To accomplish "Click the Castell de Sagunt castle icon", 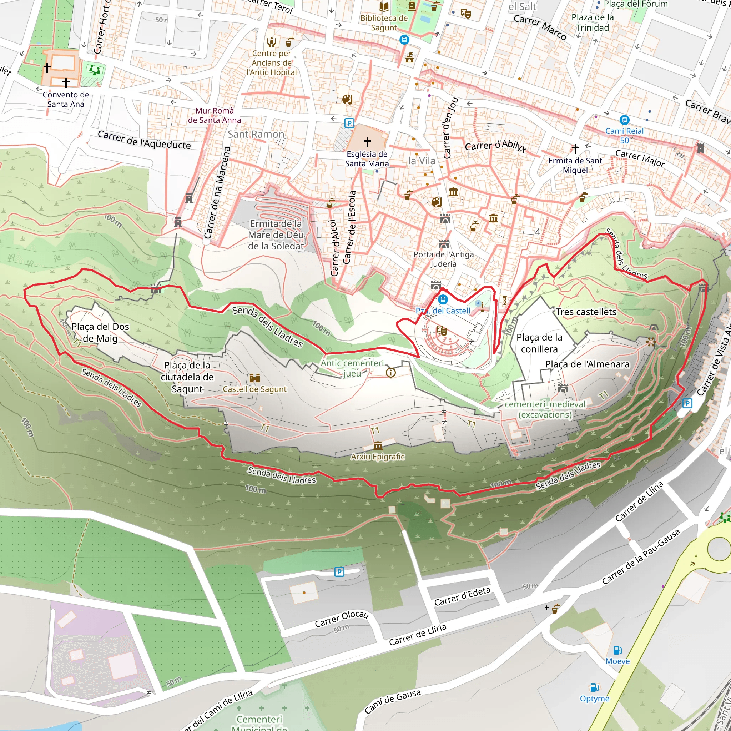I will pos(254,378).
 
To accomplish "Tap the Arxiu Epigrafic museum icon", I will pos(378,445).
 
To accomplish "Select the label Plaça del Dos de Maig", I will pos(100,332).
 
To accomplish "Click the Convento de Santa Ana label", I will pos(66,100).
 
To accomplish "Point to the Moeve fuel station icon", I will pos(617,650).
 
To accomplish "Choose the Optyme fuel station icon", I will pos(594,687).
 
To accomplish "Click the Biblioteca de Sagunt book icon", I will pos(384,6).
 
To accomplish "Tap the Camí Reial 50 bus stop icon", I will pos(624,120).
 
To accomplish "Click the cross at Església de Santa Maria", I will pos(367,142).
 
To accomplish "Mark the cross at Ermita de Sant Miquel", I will pos(575,148).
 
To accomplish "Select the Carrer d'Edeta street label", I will pos(462,596).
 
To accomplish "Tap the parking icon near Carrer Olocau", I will pos(339,572).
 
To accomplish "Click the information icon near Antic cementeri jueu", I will pos(390,373).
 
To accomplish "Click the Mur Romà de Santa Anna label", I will pos(215,115).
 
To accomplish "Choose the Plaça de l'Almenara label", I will pos(587,364).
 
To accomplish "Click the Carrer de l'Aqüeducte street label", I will pos(144,140).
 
